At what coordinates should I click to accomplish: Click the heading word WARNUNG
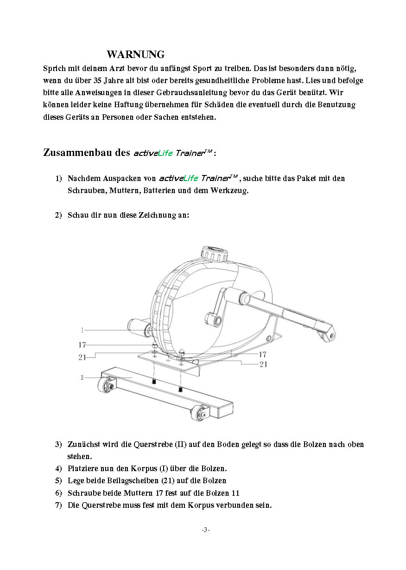(135, 55)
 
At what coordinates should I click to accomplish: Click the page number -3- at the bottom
(206, 530)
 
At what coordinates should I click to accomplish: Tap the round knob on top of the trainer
(214, 254)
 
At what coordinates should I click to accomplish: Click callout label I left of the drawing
(82, 330)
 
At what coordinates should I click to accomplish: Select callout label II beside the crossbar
(82, 378)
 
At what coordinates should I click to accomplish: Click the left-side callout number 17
(82, 345)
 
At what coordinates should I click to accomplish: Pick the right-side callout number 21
(263, 364)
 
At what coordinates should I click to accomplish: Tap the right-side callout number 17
(262, 354)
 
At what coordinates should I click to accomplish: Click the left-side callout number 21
(82, 356)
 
